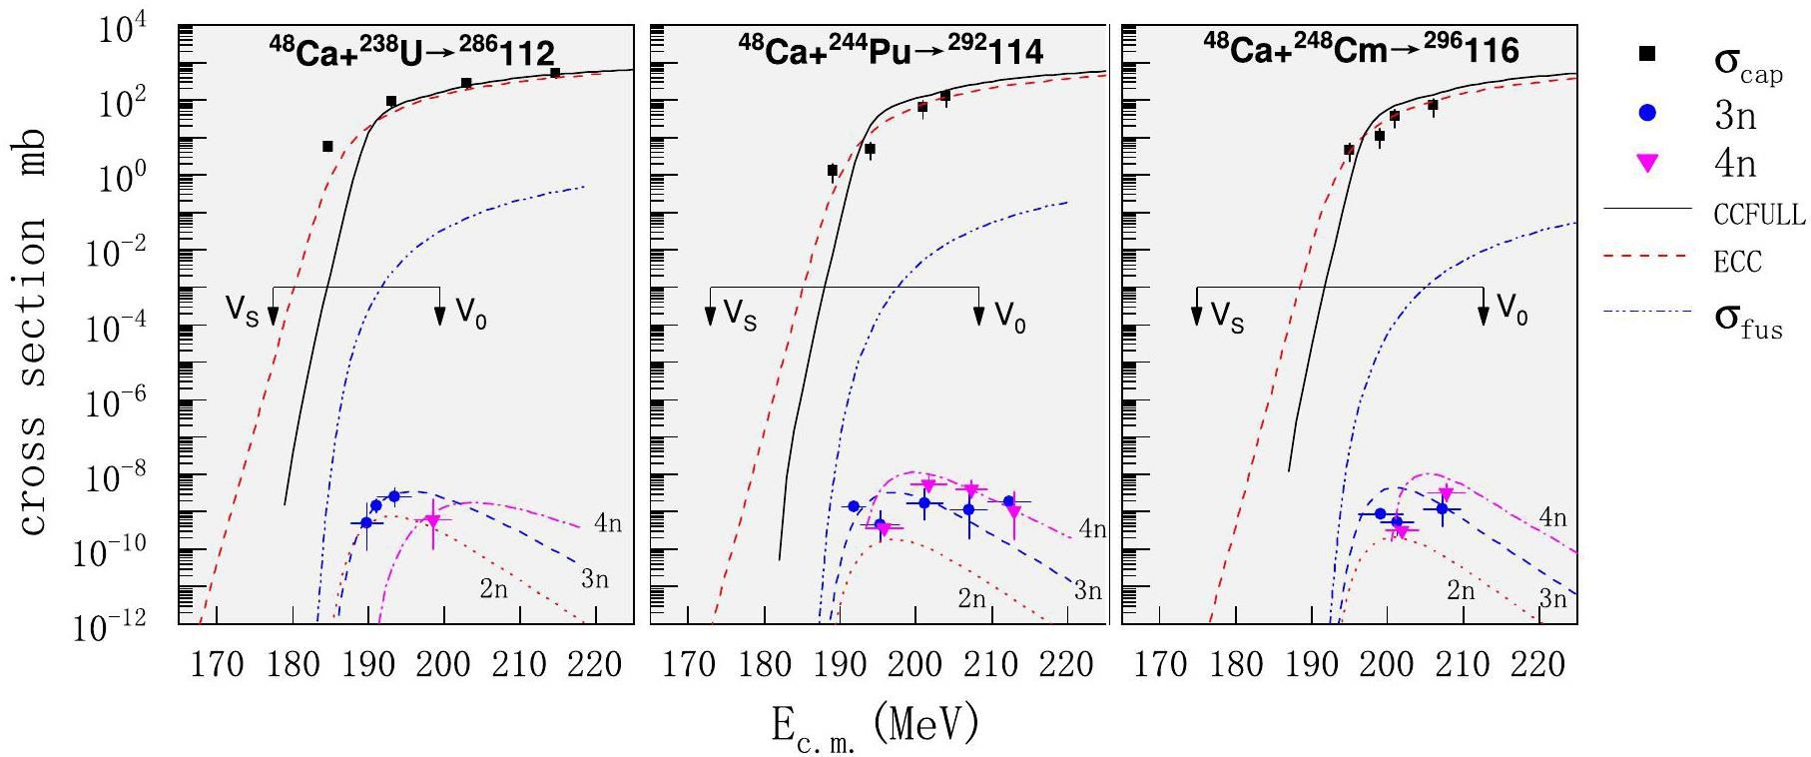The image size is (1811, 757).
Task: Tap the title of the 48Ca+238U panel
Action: pyautogui.click(x=411, y=51)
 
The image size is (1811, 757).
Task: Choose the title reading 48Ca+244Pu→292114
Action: pyautogui.click(x=891, y=51)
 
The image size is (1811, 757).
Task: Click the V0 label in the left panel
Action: pyautogui.click(x=471, y=315)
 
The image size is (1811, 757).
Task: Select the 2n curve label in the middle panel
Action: pyautogui.click(x=971, y=599)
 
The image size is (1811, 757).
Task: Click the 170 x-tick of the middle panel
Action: pyautogui.click(x=688, y=663)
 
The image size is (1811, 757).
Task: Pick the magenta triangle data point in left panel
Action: pyautogui.click(x=432, y=520)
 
